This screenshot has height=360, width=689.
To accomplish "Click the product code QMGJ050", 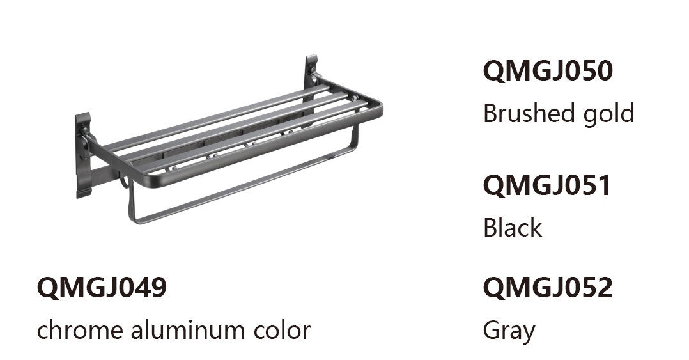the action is [x=548, y=71].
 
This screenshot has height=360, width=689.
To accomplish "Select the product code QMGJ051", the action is [x=547, y=185].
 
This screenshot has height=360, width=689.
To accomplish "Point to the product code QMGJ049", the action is [x=102, y=288].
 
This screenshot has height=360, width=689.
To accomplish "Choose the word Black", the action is [x=513, y=227].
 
